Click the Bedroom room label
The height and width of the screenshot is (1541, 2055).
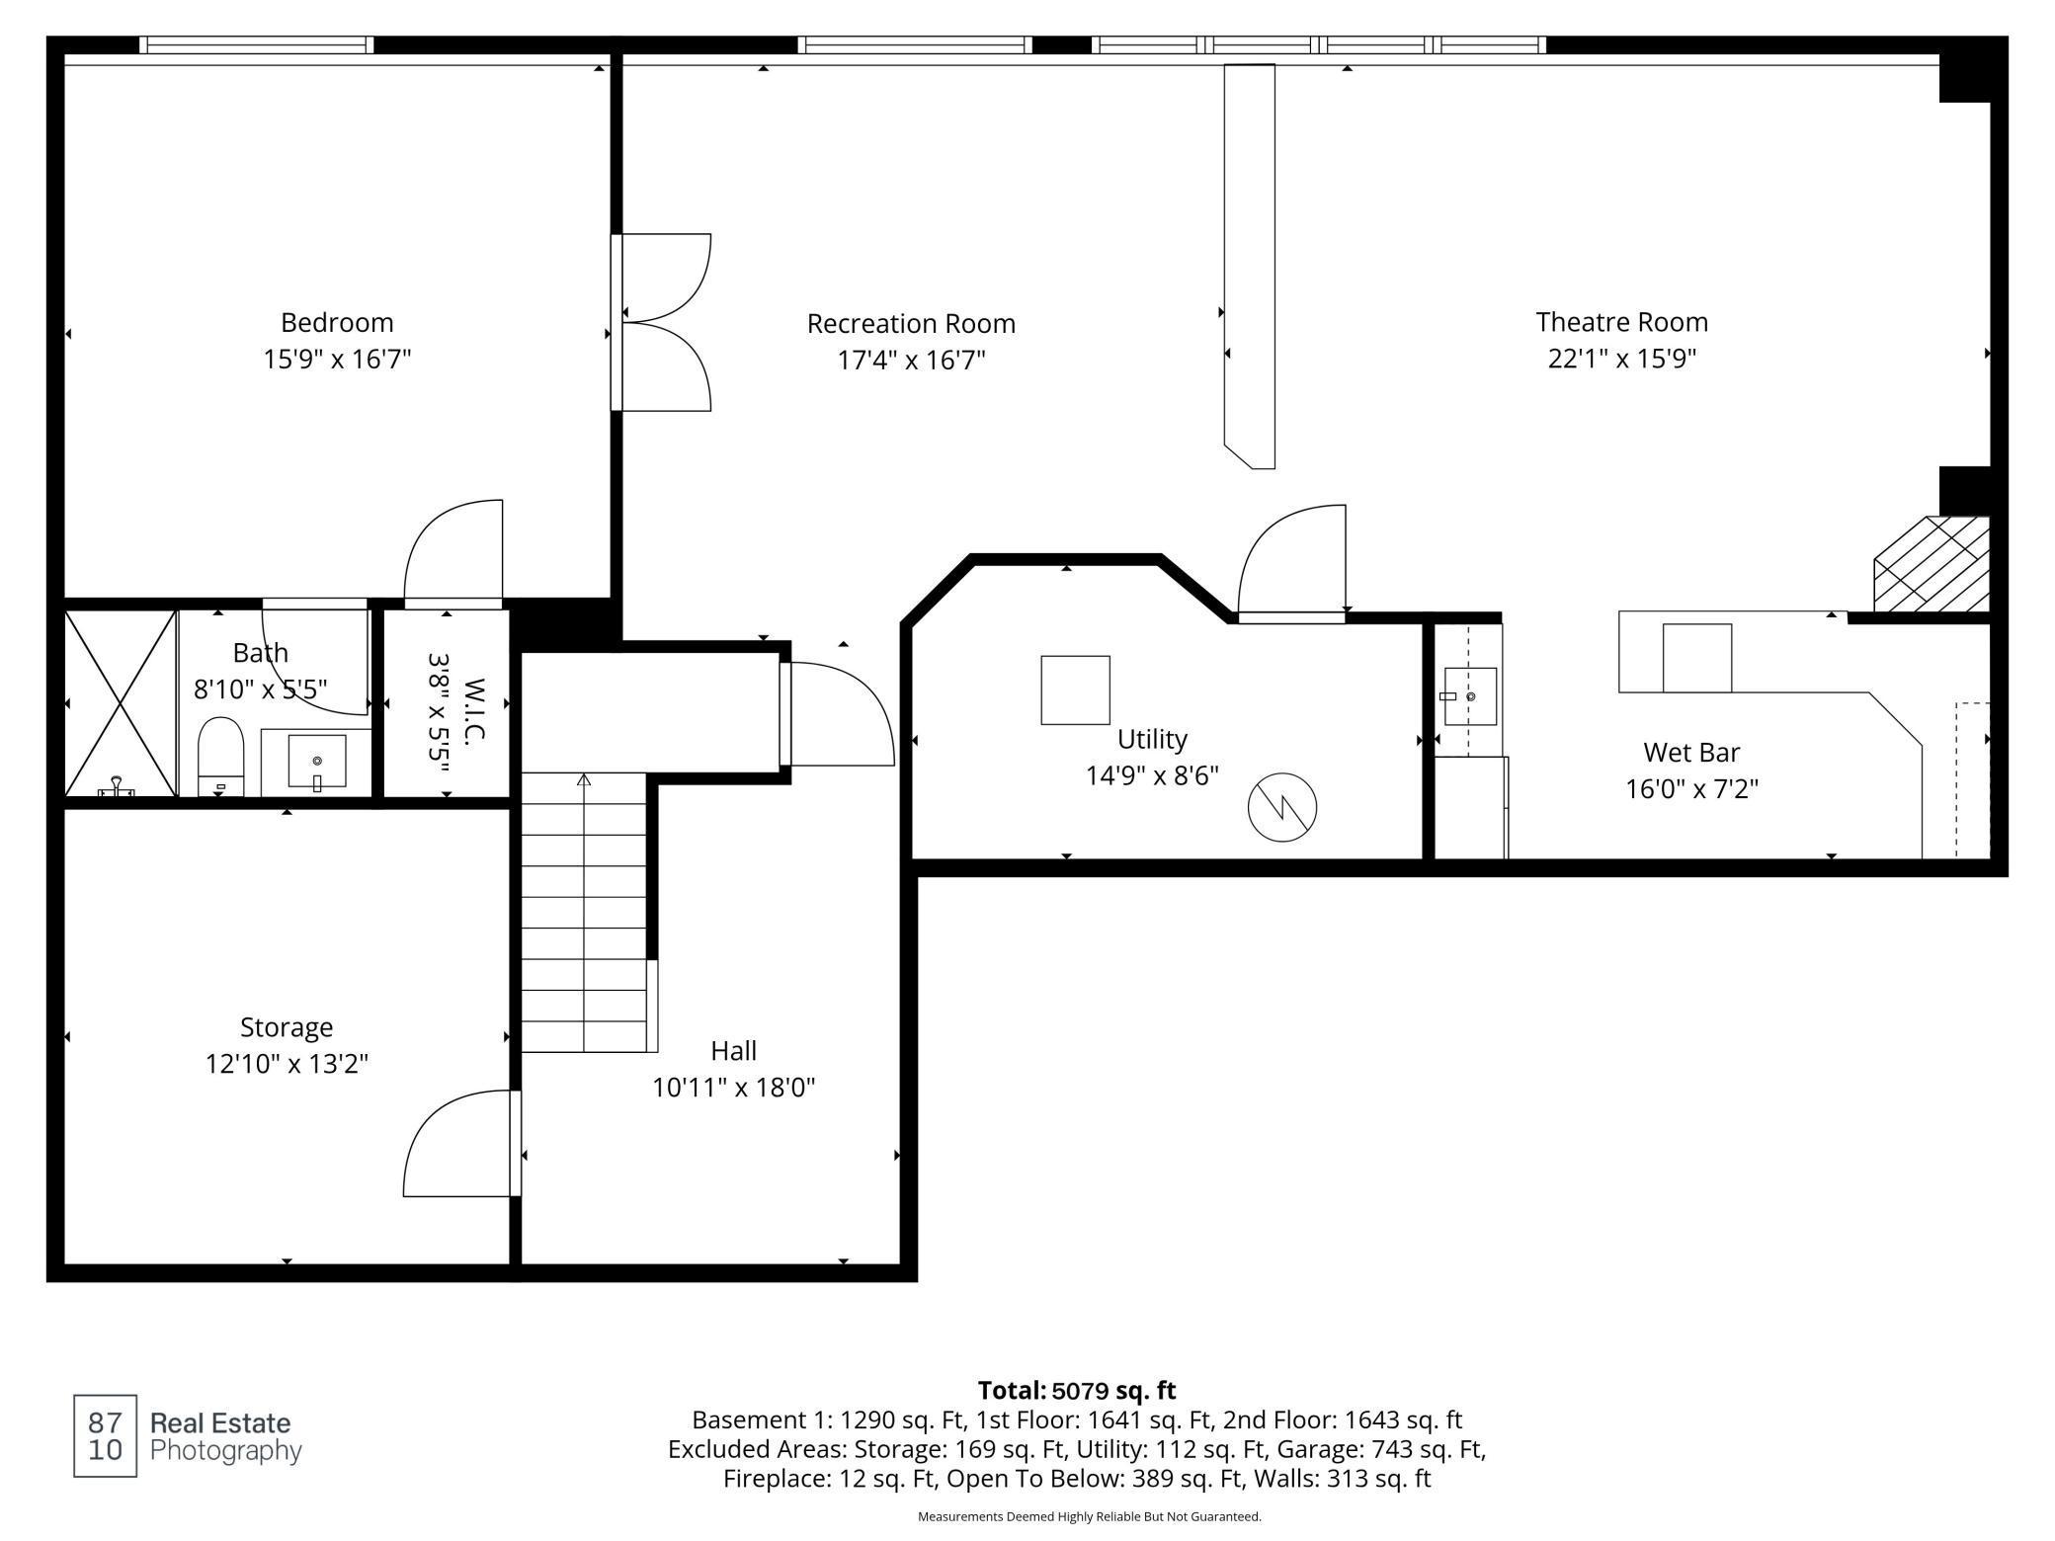pyautogui.click(x=337, y=323)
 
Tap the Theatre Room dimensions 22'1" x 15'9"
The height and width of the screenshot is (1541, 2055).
pyautogui.click(x=1621, y=359)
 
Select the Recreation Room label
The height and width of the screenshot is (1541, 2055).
pyautogui.click(x=911, y=324)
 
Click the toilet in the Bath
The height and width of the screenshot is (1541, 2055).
pyautogui.click(x=220, y=756)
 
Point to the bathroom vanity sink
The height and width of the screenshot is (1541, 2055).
pyautogui.click(x=317, y=762)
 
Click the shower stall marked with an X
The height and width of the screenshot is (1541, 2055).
pyautogui.click(x=121, y=703)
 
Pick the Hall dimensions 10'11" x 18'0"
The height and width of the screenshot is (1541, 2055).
pyautogui.click(x=733, y=1088)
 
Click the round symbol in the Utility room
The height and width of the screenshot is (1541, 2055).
pyautogui.click(x=1282, y=808)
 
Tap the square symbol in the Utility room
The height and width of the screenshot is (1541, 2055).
pyautogui.click(x=1075, y=689)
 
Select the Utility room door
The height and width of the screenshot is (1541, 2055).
pyautogui.click(x=1291, y=564)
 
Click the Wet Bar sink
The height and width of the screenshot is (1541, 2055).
pyautogui.click(x=1470, y=696)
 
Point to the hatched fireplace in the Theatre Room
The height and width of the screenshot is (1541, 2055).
pyautogui.click(x=1932, y=563)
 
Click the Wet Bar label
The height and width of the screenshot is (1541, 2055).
pyautogui.click(x=1691, y=753)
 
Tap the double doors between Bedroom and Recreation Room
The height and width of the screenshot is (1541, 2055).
pyautogui.click(x=662, y=322)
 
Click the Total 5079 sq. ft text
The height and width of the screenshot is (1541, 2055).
pyautogui.click(x=1077, y=1391)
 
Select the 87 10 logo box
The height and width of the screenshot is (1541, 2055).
pyautogui.click(x=106, y=1436)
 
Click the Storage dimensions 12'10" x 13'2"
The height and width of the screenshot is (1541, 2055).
pyautogui.click(x=287, y=1064)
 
